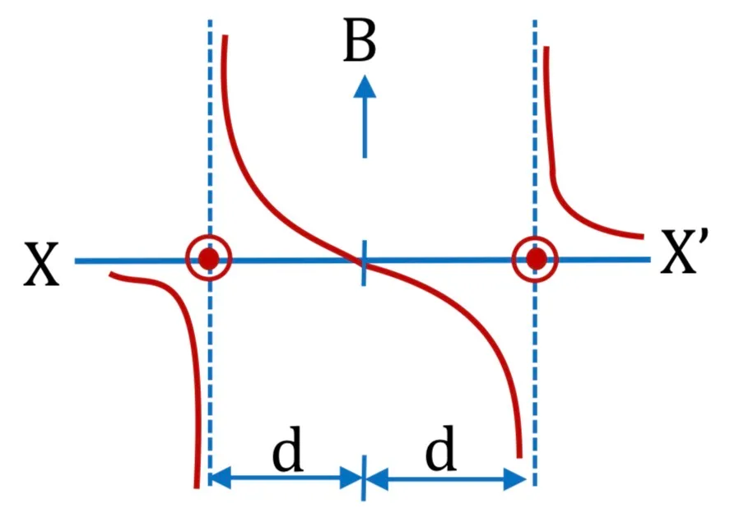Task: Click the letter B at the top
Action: pyautogui.click(x=359, y=41)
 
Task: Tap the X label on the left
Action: pyautogui.click(x=41, y=264)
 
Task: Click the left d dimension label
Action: pyautogui.click(x=288, y=449)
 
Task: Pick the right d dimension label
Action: pyautogui.click(x=441, y=447)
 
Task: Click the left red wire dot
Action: pyautogui.click(x=208, y=259)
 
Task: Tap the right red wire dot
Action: pyautogui.click(x=536, y=259)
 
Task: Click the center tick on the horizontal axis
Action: pyautogui.click(x=364, y=263)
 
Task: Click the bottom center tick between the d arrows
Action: pyautogui.click(x=364, y=478)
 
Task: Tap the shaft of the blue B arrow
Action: pyautogui.click(x=365, y=128)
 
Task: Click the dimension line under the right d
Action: pyautogui.click(x=446, y=478)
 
